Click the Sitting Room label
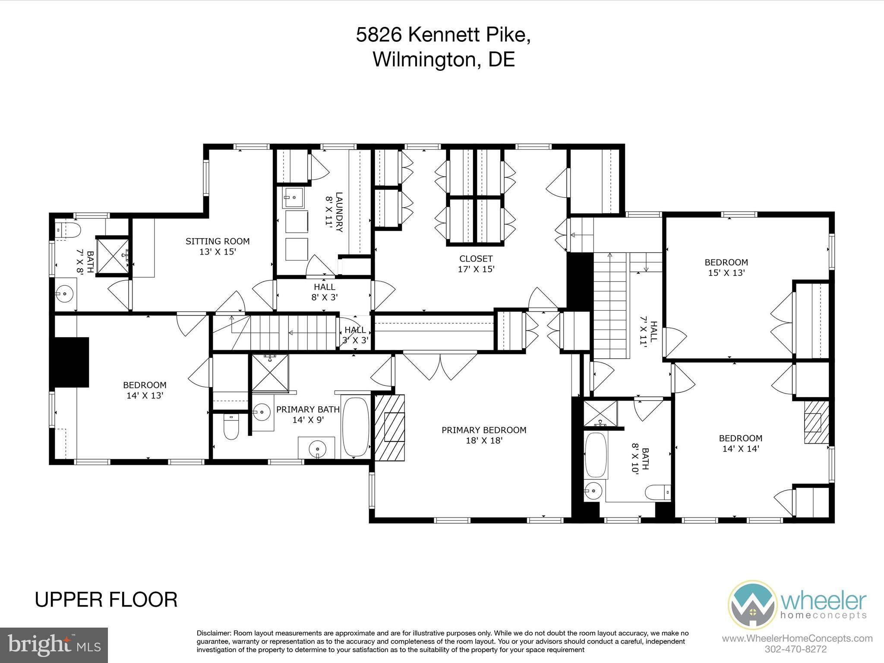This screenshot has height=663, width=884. click(x=218, y=246)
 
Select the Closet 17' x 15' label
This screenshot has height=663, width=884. click(x=476, y=264)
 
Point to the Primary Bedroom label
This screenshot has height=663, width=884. click(x=484, y=435)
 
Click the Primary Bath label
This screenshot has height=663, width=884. click(x=308, y=414)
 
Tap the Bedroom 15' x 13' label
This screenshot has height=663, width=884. click(x=726, y=267)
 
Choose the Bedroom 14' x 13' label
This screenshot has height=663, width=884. click(x=145, y=390)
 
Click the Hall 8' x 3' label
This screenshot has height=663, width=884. click(x=325, y=292)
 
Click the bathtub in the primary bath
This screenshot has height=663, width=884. click(x=356, y=426)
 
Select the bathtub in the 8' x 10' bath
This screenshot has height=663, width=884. click(x=596, y=455)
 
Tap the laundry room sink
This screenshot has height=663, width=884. click(x=294, y=197)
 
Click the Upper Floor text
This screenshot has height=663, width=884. click(x=106, y=600)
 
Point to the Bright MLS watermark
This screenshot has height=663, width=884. click(x=54, y=645)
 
